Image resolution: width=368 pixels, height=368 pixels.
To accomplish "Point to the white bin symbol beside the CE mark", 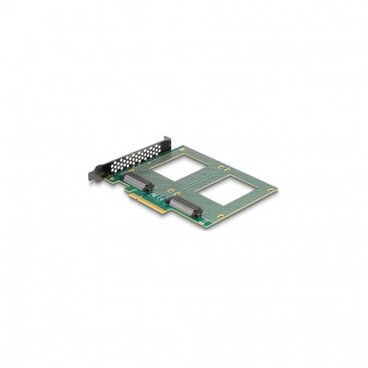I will (168, 194).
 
